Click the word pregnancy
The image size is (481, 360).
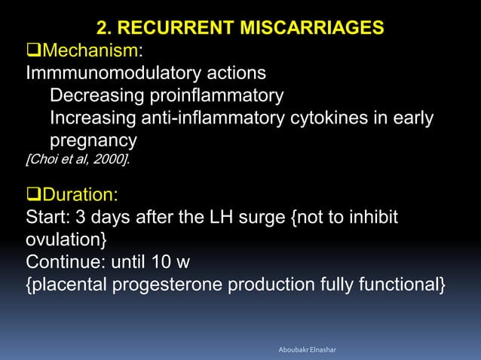tap(93, 142)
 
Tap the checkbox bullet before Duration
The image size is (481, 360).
tap(34, 195)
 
